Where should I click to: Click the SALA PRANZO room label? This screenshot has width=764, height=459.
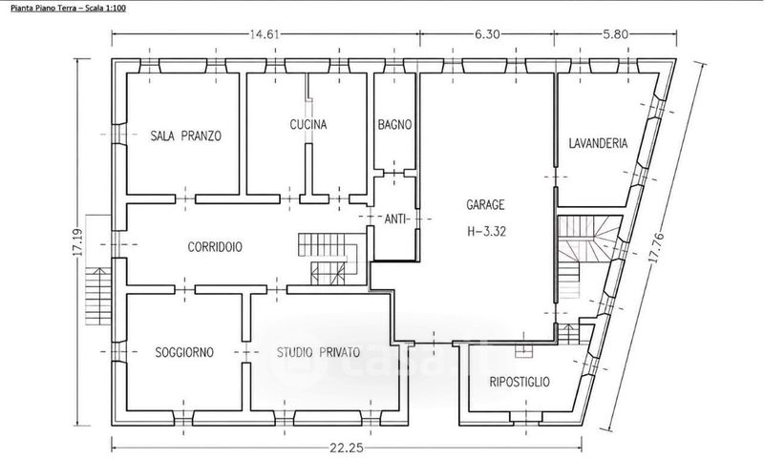coord(185,136)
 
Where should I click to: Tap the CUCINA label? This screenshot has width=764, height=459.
coord(308,125)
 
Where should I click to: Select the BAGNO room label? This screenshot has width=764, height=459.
coord(394,125)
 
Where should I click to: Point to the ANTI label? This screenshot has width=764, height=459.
coord(395,219)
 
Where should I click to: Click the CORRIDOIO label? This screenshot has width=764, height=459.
coord(215,247)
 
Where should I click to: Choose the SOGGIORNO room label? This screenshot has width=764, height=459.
coord(184,352)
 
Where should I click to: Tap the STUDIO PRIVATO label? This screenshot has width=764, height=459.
coord(319,352)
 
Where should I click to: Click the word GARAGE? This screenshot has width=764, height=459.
coord(485,205)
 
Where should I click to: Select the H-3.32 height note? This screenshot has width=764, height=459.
coord(487,231)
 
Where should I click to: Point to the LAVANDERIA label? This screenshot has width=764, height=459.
coord(599,143)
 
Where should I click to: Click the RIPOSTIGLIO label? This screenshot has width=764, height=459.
coord(520,382)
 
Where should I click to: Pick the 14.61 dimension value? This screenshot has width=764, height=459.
coord(264,34)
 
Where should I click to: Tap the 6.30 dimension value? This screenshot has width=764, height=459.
coord(486,34)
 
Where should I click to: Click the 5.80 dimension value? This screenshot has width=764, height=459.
coord(615,34)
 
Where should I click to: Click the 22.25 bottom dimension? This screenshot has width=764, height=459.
coord(347,448)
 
